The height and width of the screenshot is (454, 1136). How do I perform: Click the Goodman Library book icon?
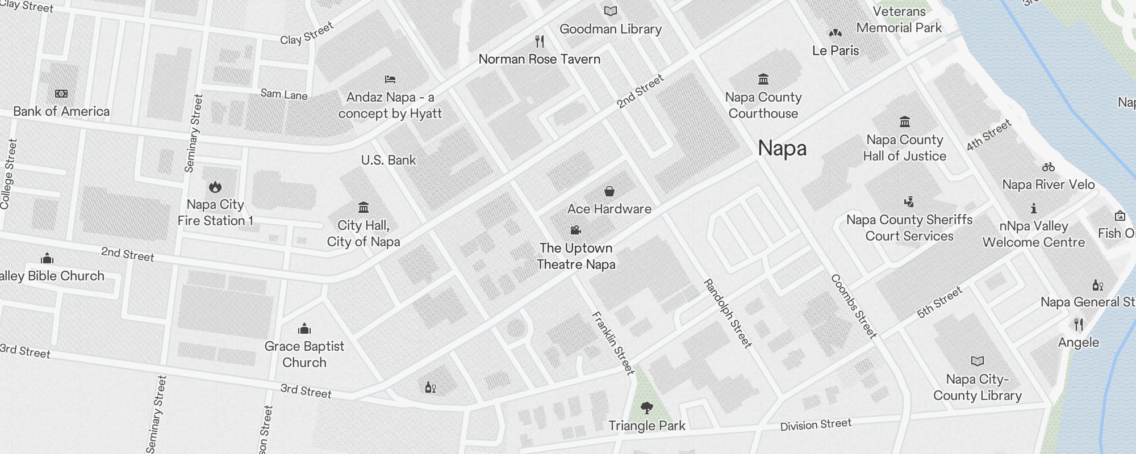611,11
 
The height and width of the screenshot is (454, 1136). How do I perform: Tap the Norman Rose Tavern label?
539,59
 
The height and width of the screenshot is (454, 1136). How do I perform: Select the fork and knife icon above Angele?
1079,325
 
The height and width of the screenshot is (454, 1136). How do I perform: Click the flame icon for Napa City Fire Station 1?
215,187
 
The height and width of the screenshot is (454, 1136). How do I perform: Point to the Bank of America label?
61,111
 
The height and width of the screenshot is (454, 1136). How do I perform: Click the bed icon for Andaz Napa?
390,79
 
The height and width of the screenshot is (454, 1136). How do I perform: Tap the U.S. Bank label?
389,160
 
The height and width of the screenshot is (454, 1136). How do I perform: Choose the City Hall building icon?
364,207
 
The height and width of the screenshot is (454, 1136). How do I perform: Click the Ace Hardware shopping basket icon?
609,191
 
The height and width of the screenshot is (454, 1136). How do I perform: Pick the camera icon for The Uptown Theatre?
575,230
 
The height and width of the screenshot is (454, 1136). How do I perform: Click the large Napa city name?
782,148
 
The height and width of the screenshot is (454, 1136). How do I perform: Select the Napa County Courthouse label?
763,106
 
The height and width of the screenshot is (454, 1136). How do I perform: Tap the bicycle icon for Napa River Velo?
1049,167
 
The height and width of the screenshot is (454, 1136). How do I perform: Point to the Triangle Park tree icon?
646,407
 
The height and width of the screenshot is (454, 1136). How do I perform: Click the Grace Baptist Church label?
304,354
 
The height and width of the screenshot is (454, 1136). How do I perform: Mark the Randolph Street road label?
728,313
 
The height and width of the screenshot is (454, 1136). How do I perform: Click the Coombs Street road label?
854,306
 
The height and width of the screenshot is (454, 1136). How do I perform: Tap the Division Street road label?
816,424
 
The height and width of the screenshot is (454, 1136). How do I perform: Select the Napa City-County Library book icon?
978,361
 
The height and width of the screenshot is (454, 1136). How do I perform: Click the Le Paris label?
836,51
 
